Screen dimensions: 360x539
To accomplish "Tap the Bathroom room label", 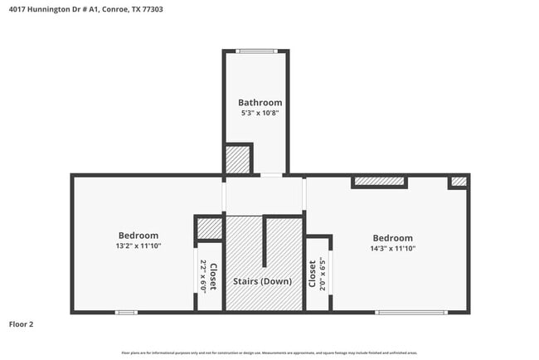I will click(x=255, y=103).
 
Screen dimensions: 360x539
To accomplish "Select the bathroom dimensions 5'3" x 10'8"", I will click(x=255, y=114).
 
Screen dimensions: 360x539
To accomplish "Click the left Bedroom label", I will click(x=138, y=236).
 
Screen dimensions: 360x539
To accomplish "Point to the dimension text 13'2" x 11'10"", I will click(x=138, y=246).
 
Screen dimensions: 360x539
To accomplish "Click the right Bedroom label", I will click(x=392, y=238).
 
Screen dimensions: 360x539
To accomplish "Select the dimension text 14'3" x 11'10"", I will click(x=392, y=248).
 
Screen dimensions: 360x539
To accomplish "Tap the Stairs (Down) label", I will click(x=265, y=281).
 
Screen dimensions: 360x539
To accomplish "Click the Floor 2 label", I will click(x=22, y=324).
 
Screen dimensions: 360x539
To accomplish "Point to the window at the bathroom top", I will click(x=255, y=51).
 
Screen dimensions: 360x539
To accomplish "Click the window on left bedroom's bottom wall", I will click(x=126, y=312).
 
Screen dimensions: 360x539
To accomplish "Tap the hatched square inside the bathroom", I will click(x=239, y=158).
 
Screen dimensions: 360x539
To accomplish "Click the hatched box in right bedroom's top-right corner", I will click(x=459, y=182).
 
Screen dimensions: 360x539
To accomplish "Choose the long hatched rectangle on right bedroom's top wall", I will click(x=379, y=182).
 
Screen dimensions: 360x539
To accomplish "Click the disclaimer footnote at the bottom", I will click(x=269, y=352).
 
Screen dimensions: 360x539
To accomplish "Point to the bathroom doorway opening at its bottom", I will click(x=271, y=175).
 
